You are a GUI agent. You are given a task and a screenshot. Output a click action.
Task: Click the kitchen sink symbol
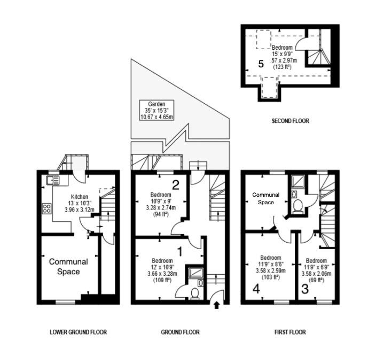53,181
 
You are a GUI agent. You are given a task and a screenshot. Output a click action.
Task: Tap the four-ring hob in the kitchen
46,208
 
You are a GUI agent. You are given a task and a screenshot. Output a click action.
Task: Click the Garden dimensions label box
156,111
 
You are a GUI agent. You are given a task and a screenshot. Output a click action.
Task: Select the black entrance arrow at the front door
217,305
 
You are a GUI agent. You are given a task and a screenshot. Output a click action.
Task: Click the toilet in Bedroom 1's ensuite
194,294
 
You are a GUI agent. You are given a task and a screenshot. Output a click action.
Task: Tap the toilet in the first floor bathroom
298,206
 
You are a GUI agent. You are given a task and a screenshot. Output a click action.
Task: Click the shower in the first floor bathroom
298,181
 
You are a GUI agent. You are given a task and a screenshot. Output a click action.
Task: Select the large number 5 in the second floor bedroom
261,64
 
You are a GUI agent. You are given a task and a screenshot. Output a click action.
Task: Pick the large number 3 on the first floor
305,289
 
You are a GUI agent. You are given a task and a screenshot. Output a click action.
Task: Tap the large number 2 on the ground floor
176,185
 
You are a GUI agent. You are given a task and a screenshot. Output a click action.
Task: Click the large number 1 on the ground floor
179,252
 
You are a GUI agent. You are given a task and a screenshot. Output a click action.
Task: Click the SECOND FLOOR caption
290,121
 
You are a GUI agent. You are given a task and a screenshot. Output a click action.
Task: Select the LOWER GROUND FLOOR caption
78,333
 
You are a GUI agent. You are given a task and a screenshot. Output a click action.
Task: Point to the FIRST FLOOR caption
290,333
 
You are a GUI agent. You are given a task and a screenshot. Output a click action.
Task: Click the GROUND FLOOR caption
181,333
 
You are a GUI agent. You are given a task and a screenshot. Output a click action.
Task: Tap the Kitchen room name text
80,197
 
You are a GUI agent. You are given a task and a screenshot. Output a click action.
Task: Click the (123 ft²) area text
283,67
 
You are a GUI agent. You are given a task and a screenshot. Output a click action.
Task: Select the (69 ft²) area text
316,280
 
